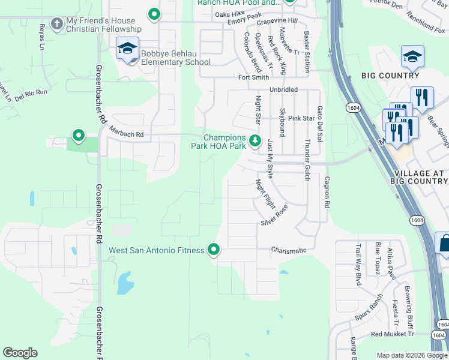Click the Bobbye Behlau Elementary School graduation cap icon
[127, 48]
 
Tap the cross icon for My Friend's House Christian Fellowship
[56, 24]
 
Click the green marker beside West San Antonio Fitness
[214, 249]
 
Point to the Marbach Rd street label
[126, 134]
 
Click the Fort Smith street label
[253, 77]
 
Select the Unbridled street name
[283, 89]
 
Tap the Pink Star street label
[301, 118]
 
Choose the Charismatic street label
[288, 250]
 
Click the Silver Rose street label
[274, 215]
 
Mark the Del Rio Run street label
[31, 93]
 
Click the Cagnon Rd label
[327, 191]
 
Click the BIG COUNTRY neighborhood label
[390, 76]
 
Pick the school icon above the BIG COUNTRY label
[412, 57]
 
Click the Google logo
[20, 353]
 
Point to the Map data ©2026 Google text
[411, 355]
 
